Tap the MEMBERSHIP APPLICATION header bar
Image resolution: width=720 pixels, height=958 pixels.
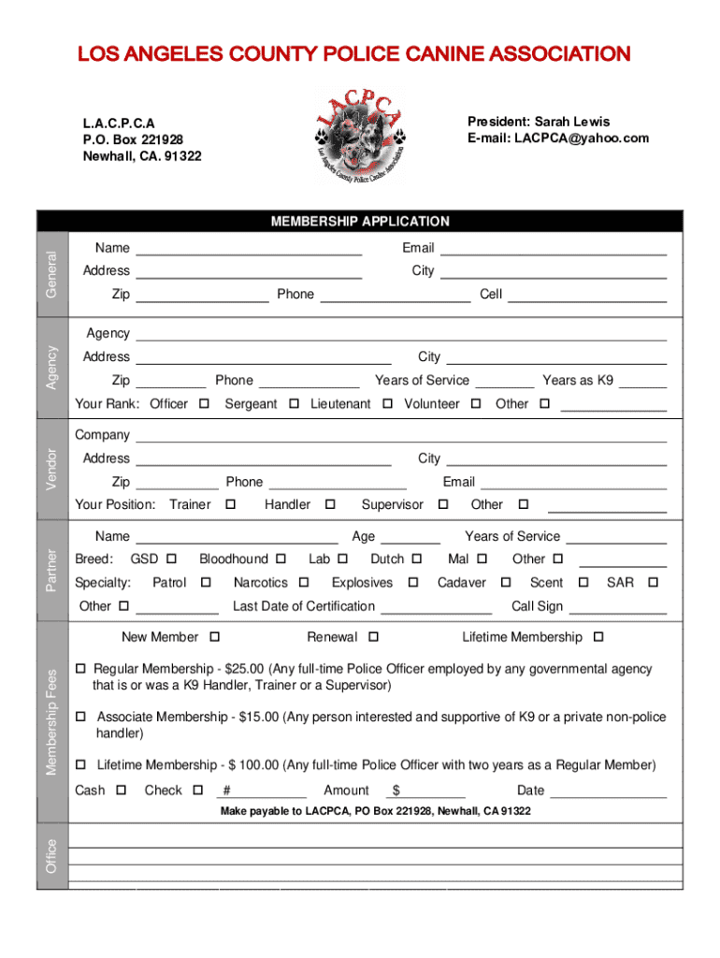[360, 222]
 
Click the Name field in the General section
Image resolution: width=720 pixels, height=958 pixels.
[249, 249]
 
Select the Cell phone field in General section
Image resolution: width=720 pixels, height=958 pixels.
[587, 296]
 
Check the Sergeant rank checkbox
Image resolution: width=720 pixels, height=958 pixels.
[294, 404]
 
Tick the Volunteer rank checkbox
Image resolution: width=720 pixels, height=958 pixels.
[476, 404]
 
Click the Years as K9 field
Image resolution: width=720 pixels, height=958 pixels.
[642, 381]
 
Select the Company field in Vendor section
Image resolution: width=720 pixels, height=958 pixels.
[401, 436]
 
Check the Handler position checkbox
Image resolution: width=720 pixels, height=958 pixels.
[329, 505]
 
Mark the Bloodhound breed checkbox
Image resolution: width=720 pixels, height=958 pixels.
[281, 559]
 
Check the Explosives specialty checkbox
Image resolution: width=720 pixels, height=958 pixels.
[412, 583]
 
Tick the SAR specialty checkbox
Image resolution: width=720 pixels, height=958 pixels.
[653, 583]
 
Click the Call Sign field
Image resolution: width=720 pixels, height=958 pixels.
[617, 607]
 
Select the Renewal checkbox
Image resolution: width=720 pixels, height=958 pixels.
[373, 638]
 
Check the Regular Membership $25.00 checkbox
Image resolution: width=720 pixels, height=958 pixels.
[80, 670]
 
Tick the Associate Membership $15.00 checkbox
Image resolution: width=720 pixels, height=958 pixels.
[80, 718]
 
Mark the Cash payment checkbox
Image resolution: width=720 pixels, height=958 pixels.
[122, 791]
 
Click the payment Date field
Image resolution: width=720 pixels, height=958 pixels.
[608, 791]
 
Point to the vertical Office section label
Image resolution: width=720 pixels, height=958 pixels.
[52, 856]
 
